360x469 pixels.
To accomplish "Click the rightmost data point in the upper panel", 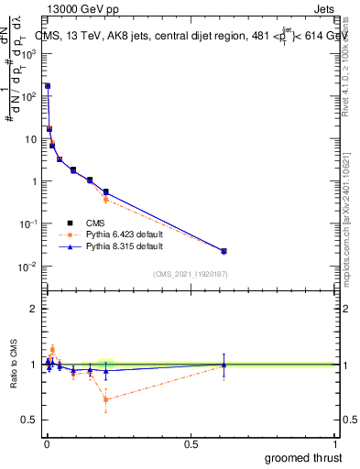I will [x=224, y=251].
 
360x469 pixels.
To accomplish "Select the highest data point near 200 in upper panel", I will [x=48, y=86].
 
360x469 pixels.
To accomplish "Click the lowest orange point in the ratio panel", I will [x=106, y=399].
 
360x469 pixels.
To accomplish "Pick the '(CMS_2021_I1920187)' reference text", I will [x=190, y=274].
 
